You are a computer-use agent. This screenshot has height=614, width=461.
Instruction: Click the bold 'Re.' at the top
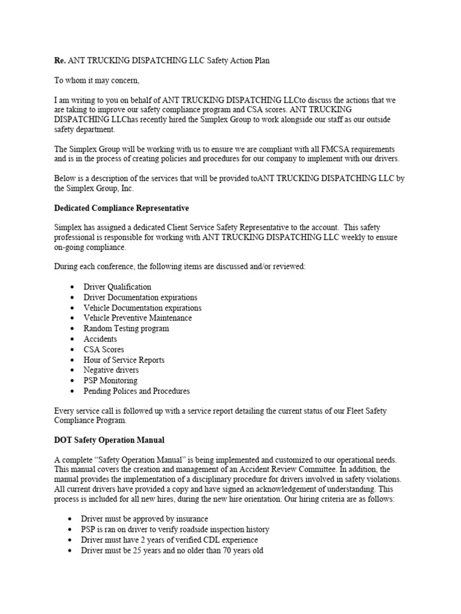59,61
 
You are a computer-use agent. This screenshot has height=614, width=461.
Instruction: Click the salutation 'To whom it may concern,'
97,81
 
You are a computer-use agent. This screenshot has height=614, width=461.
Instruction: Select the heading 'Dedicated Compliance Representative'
121,208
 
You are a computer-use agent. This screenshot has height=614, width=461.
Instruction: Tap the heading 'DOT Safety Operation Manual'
109,440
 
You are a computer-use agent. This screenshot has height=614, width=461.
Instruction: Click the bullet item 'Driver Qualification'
117,287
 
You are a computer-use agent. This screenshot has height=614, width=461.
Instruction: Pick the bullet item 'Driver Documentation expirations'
140,297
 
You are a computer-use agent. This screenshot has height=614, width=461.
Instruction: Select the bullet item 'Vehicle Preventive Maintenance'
137,318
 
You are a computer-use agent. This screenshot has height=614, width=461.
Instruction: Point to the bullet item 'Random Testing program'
126,329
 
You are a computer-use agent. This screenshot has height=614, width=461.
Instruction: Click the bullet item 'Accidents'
100,339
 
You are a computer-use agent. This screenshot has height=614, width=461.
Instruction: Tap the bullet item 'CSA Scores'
104,350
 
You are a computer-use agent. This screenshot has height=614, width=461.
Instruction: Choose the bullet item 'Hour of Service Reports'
124,360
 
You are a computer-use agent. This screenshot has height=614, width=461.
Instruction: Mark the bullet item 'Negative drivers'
110,370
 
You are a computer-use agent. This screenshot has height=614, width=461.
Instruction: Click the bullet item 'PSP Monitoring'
110,380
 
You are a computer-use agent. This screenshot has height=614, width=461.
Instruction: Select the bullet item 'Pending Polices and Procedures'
136,391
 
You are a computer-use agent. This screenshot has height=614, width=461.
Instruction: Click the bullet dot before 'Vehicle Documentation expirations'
71,308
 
